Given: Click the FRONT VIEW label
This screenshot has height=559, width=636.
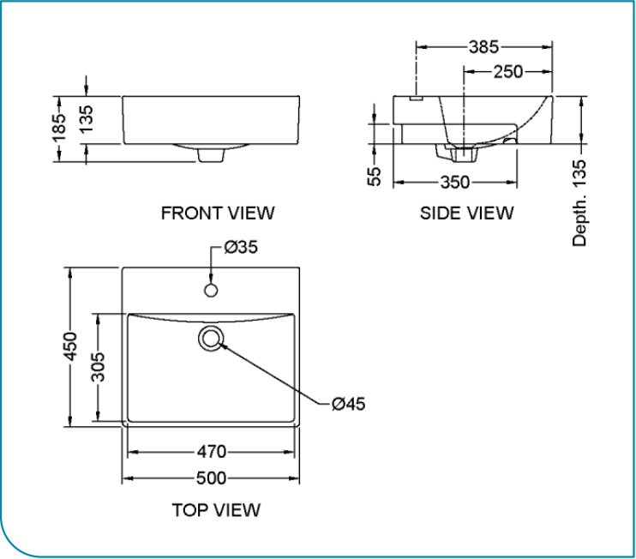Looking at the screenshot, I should (x=218, y=212).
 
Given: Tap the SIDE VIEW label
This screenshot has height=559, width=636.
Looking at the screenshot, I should (x=466, y=212).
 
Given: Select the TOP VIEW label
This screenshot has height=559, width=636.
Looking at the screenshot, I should (x=216, y=510).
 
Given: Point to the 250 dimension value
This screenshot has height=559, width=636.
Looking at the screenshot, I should (x=507, y=71).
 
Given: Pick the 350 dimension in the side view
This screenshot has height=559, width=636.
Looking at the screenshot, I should (x=455, y=182).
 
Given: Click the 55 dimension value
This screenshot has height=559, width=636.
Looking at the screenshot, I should (x=375, y=176).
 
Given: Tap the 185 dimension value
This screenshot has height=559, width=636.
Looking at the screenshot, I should (x=59, y=127).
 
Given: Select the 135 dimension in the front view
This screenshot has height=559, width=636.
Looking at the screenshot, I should (x=87, y=120).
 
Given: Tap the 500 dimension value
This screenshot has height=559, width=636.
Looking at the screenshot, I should (x=211, y=478).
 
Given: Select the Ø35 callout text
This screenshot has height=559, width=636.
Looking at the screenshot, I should (x=241, y=248).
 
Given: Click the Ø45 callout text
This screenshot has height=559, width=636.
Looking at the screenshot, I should (x=348, y=403).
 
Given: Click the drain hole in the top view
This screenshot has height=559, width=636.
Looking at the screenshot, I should (x=211, y=338).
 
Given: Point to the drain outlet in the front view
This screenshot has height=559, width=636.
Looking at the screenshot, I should (x=210, y=154).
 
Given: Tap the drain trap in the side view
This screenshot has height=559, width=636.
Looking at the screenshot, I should (x=461, y=154).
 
